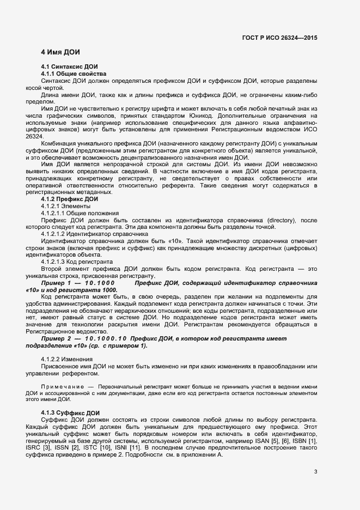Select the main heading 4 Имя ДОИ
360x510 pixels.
click(60, 52)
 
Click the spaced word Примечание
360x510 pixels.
click(60, 386)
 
